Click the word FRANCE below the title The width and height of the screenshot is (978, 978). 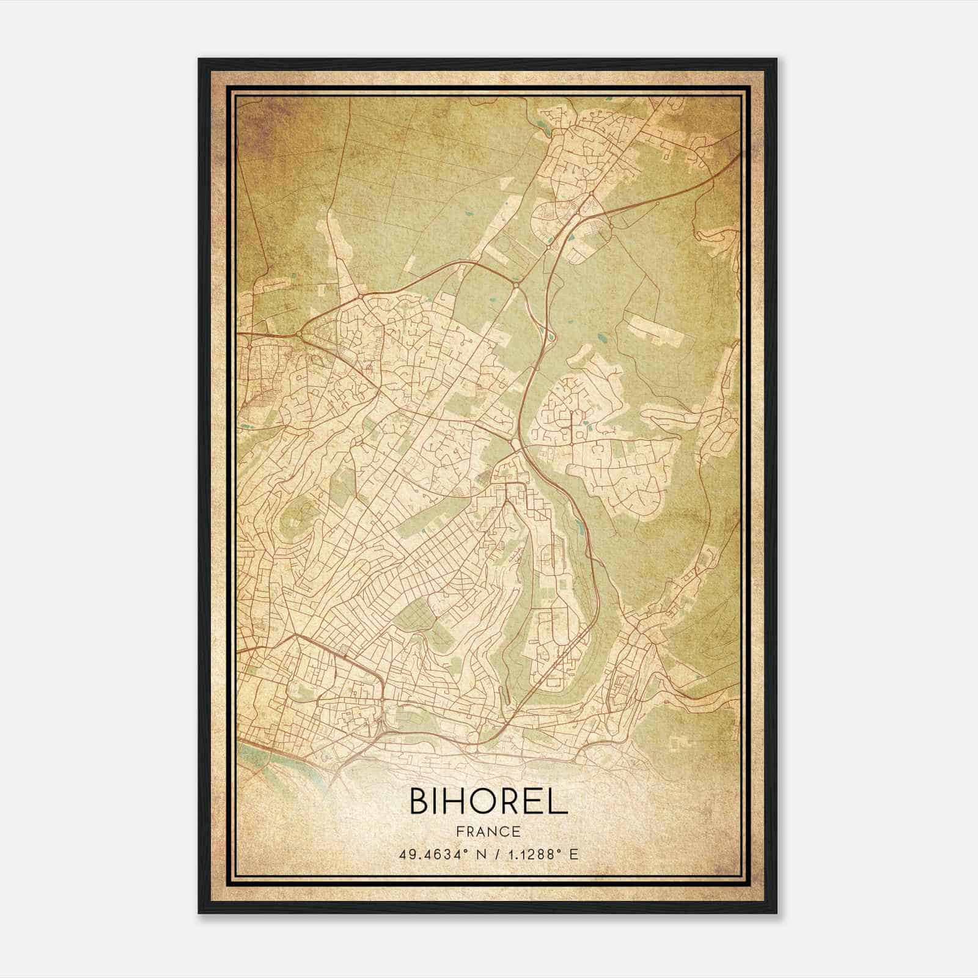(x=489, y=832)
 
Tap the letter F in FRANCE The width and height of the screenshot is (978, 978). (x=460, y=832)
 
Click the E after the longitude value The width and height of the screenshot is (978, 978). (x=573, y=855)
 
